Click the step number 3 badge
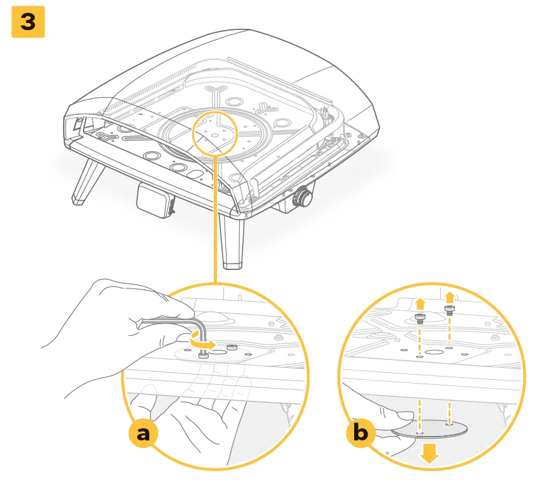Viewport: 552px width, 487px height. [28, 22]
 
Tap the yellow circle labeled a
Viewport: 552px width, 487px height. [144, 433]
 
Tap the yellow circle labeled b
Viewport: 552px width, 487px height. [361, 433]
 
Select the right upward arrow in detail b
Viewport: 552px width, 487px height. [449, 297]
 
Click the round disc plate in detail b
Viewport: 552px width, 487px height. [429, 428]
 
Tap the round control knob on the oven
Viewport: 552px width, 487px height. [301, 197]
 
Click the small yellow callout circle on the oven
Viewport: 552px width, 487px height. [216, 134]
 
